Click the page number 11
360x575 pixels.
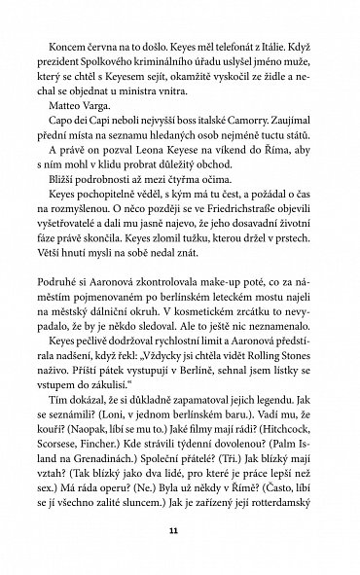[x=180, y=531]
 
